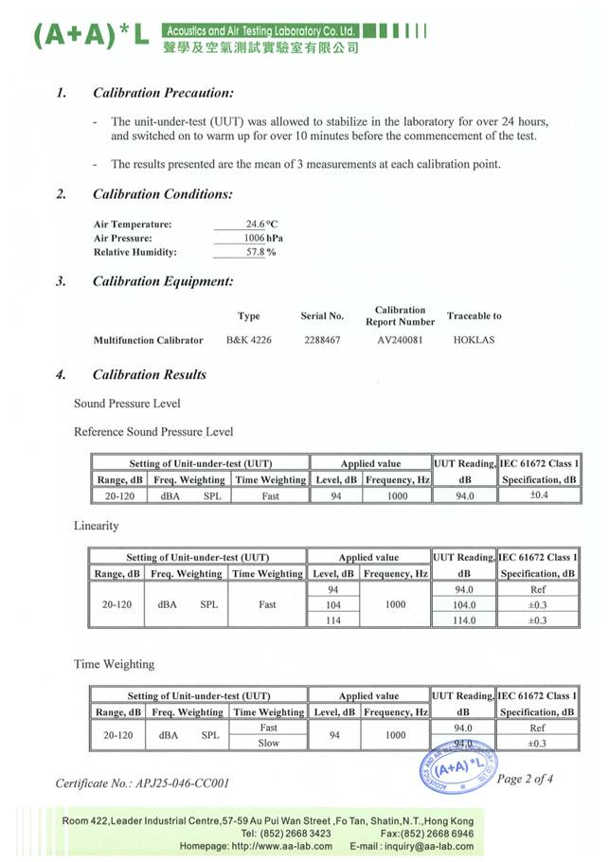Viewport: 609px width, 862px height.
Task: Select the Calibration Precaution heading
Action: [x=163, y=93]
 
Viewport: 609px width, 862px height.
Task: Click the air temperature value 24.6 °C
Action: [x=261, y=224]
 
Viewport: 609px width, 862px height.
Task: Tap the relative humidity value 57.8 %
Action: [x=261, y=253]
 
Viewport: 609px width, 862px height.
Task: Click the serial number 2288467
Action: [x=322, y=339]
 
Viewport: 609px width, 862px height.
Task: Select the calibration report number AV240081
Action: [x=399, y=339]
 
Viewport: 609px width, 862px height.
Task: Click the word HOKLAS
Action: [x=474, y=339]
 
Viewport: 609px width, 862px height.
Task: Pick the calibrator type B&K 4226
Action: [x=248, y=339]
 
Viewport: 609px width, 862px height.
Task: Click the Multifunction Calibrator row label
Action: [x=148, y=339]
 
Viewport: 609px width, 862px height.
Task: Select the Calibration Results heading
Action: [x=149, y=374]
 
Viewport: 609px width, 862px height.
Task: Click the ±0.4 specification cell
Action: [x=538, y=494]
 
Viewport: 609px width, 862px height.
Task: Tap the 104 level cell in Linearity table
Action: [x=332, y=604]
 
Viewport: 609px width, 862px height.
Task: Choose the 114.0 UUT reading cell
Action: [x=464, y=620]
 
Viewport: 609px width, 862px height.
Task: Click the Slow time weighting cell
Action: [x=268, y=743]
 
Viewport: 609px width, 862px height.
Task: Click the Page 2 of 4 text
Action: [x=525, y=779]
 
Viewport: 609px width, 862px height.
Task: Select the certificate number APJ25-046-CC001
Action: [x=142, y=783]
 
